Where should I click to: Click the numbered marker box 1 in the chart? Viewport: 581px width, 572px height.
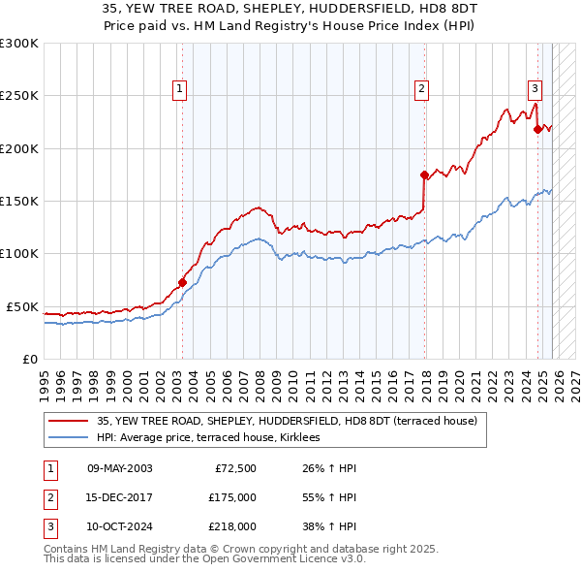click(181, 90)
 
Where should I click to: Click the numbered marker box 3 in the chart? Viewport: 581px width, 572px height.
click(535, 90)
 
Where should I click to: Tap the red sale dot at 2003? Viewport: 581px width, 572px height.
click(182, 283)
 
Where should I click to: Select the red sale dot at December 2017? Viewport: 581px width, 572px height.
click(424, 175)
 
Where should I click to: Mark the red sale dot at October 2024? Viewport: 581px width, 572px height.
click(537, 130)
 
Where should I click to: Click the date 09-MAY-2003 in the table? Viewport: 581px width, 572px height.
click(120, 468)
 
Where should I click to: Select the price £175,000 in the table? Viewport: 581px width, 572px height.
click(232, 497)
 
